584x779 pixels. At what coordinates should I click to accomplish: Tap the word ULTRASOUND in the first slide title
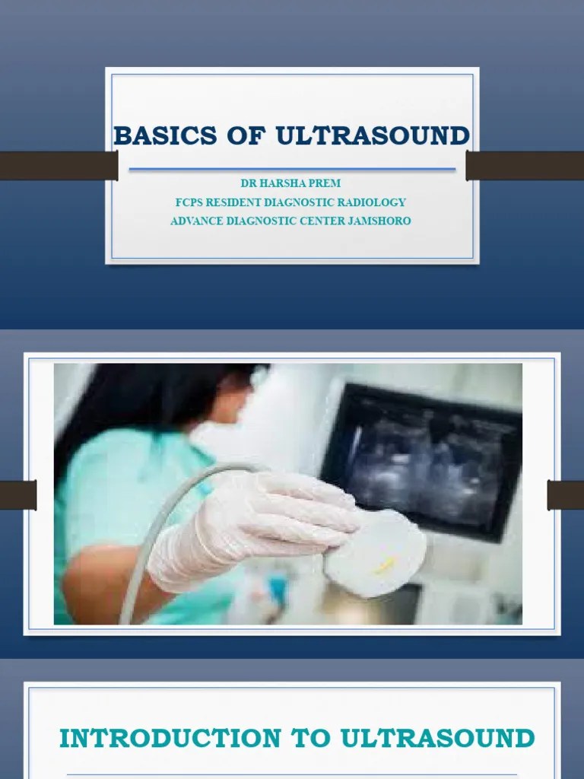click(372, 136)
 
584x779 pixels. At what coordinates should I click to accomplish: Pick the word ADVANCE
click(198, 221)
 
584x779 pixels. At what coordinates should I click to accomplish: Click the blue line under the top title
click(292, 168)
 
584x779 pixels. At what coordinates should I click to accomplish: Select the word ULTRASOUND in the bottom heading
click(437, 738)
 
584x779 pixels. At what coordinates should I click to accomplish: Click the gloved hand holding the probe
click(251, 525)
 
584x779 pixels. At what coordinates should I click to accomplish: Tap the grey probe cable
click(152, 548)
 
